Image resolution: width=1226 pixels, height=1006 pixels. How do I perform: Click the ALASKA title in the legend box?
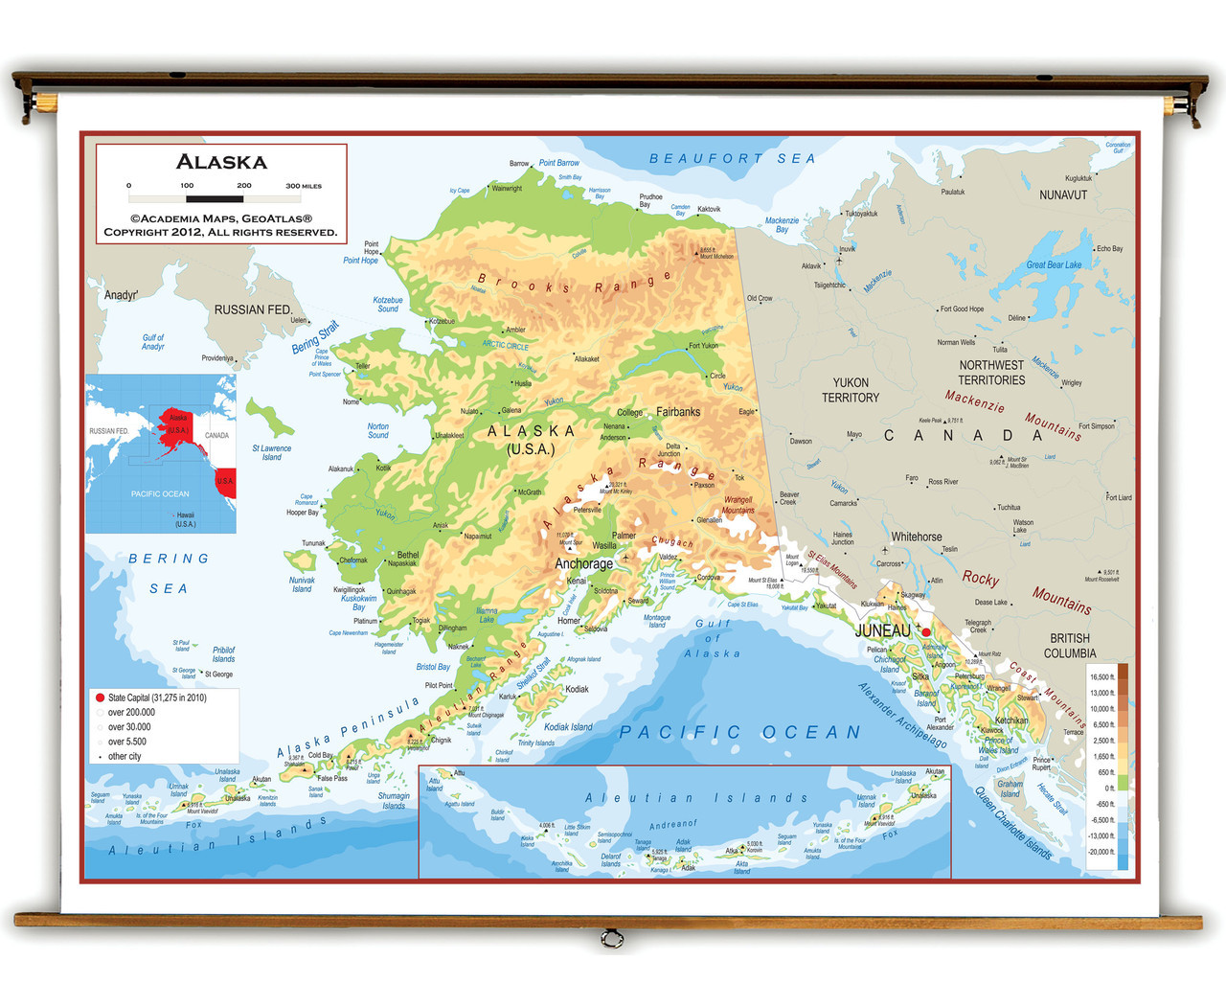click(221, 162)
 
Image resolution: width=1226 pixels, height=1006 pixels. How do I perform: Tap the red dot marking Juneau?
click(926, 632)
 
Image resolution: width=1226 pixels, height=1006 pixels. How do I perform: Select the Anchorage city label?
click(583, 564)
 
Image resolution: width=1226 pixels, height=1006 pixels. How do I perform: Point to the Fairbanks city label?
click(678, 412)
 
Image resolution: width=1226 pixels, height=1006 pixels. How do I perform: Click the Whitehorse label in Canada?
click(916, 537)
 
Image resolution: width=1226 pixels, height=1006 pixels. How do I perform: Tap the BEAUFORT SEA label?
click(733, 159)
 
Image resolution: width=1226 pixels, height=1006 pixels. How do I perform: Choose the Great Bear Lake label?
click(1054, 265)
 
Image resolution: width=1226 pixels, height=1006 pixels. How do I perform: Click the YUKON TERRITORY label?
click(851, 390)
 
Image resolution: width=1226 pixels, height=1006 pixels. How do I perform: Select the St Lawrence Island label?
click(272, 452)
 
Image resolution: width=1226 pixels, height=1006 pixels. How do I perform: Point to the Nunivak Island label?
click(302, 584)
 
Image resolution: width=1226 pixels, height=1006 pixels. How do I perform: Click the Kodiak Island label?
click(568, 727)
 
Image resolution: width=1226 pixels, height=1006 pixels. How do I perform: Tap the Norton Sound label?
click(378, 431)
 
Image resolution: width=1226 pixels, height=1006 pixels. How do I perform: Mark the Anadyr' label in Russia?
click(121, 295)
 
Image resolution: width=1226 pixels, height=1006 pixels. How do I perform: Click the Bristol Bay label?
click(433, 667)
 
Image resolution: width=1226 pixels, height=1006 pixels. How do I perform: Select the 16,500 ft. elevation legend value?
click(1101, 677)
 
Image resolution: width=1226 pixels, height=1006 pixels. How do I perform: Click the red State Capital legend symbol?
click(100, 697)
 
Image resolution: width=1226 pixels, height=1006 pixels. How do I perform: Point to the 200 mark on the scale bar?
click(244, 186)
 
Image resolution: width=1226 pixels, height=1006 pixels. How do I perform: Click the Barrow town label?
click(518, 164)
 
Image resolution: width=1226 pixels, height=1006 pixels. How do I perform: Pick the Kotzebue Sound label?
click(388, 305)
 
